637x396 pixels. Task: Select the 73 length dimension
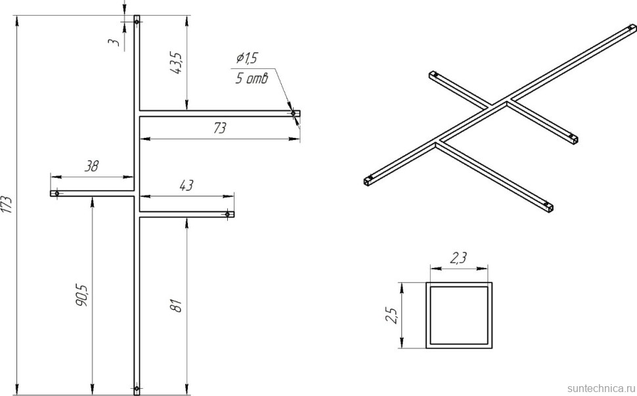click(x=219, y=129)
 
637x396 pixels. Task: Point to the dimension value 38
click(x=91, y=167)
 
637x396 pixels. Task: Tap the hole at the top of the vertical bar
click(x=137, y=22)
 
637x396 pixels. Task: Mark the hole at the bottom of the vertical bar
click(x=137, y=387)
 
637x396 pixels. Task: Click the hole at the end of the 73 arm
click(x=292, y=114)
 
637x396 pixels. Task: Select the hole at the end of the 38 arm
click(x=57, y=194)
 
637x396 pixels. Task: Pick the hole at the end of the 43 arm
click(x=227, y=214)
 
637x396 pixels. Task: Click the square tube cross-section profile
click(x=459, y=315)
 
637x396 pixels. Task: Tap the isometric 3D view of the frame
click(x=499, y=118)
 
